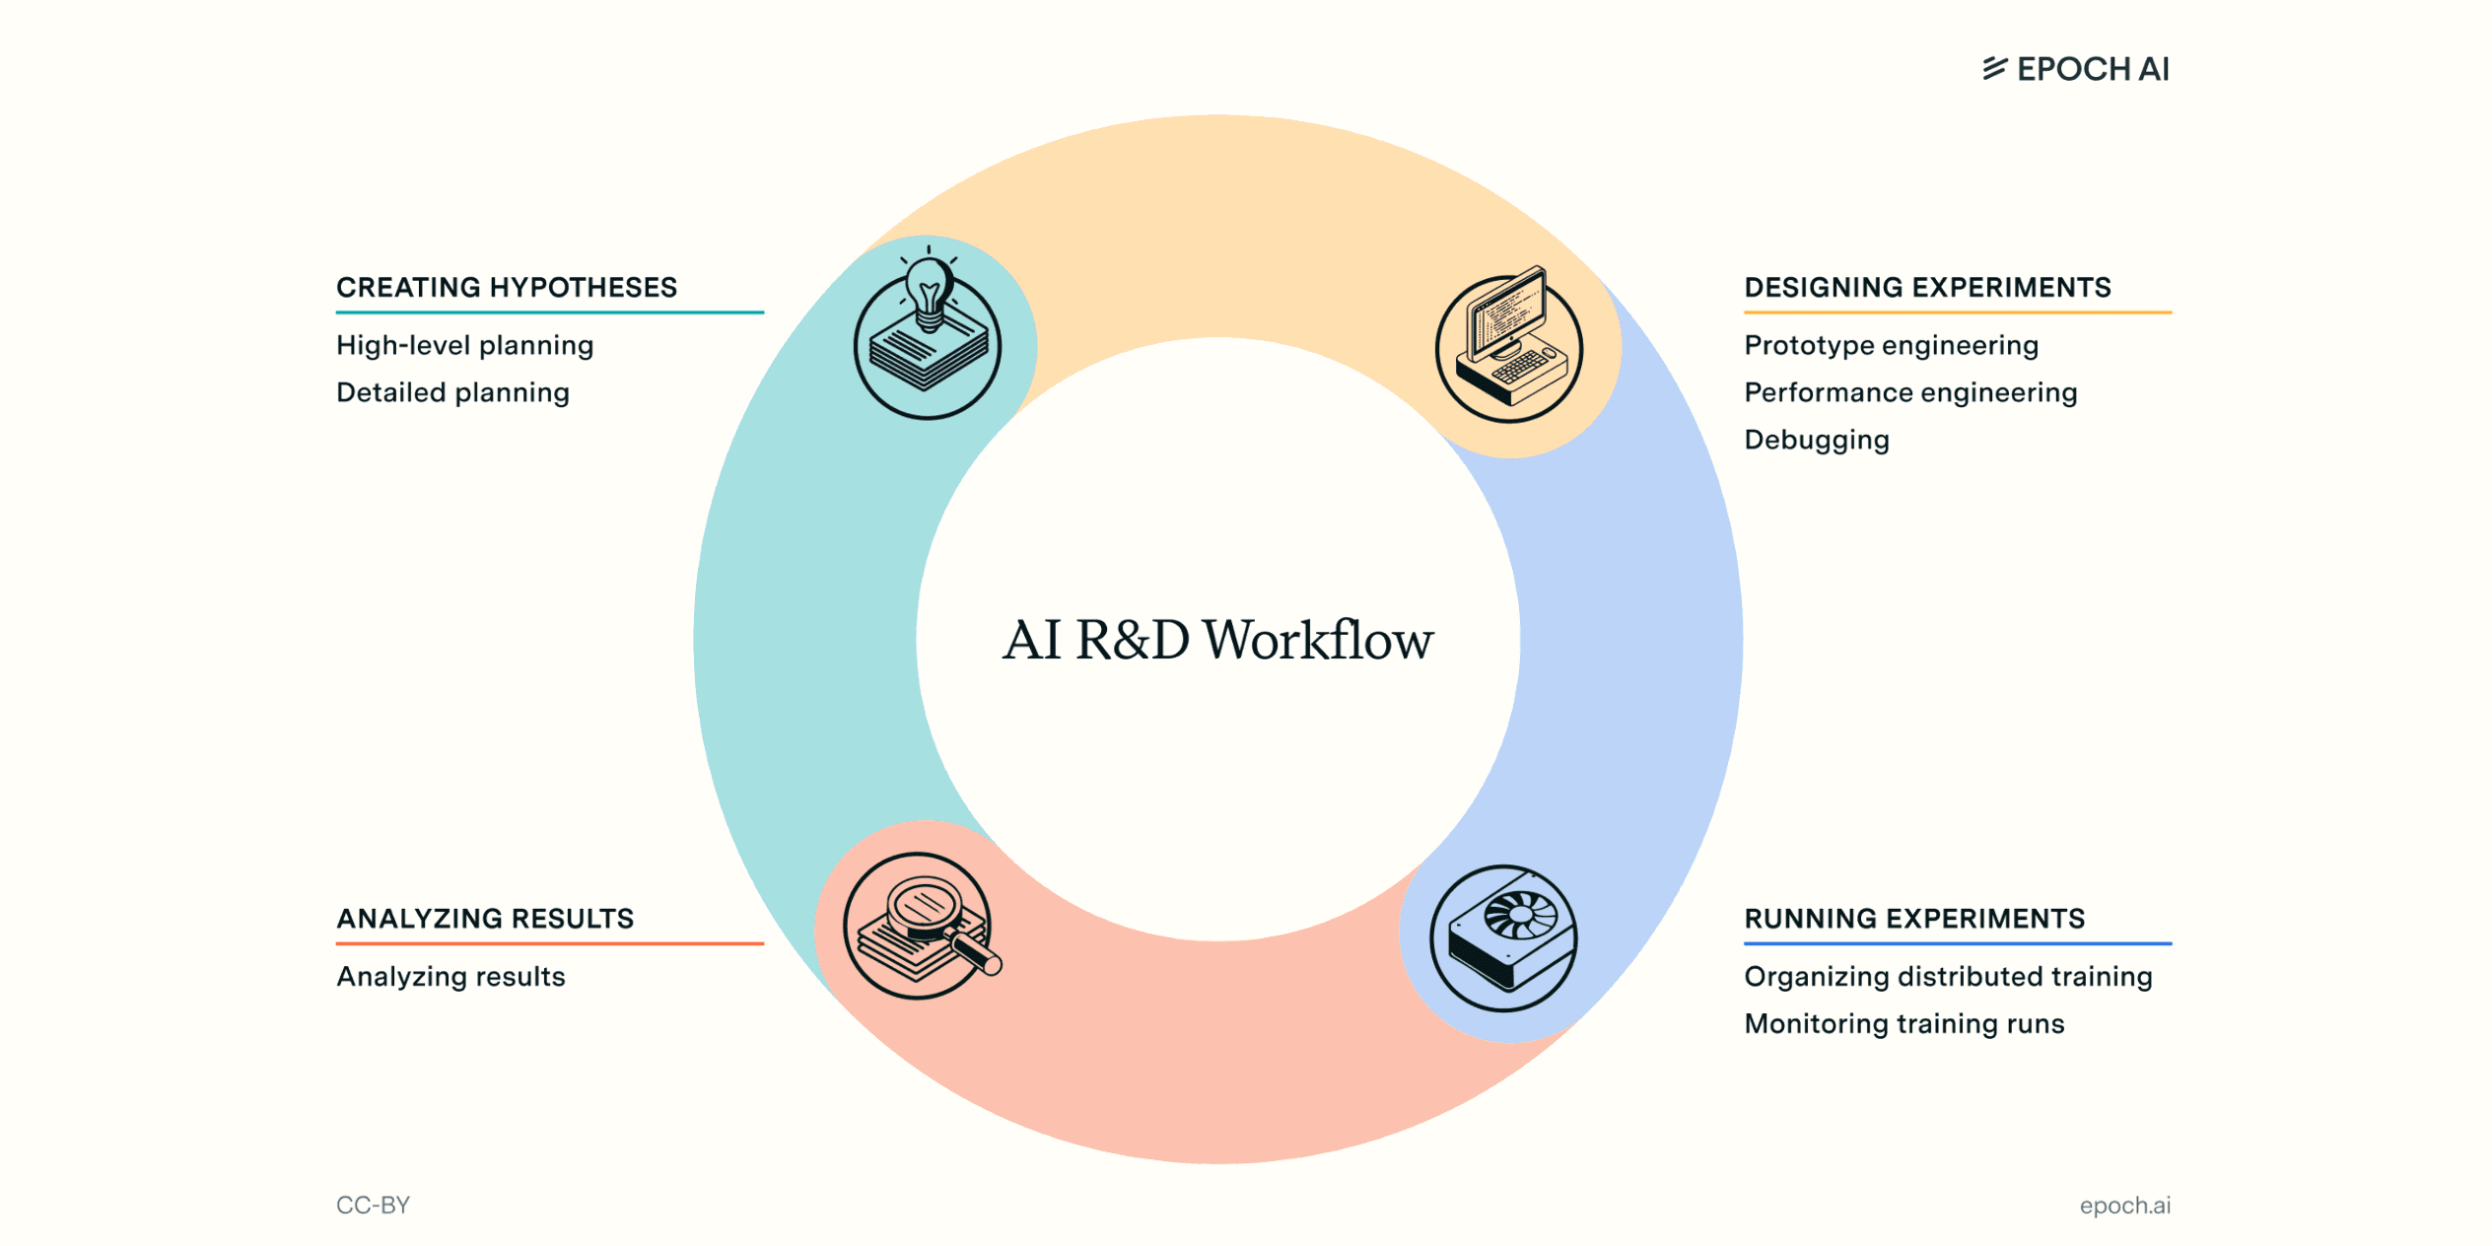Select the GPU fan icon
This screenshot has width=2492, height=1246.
tap(1504, 937)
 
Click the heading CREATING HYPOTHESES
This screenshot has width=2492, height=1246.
tap(507, 288)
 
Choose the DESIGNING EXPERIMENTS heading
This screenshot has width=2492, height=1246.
tap(1927, 288)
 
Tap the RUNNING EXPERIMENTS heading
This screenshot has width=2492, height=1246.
tap(1914, 919)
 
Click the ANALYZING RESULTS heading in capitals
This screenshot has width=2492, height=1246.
tap(485, 919)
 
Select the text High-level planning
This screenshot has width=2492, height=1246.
tap(465, 345)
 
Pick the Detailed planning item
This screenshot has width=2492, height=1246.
tap(453, 392)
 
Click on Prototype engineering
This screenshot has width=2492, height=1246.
tap(1891, 345)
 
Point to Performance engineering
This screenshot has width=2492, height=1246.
tap(1910, 392)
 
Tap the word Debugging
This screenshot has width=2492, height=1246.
tap(1817, 440)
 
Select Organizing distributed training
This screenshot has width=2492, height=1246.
tap(1948, 976)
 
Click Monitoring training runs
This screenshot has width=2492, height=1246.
tap(1904, 1023)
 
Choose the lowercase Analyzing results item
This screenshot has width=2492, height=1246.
tap(451, 976)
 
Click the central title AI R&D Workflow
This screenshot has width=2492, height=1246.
tap(1218, 640)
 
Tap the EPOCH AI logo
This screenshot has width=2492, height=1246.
tap(2076, 69)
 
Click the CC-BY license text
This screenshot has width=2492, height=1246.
tap(373, 1205)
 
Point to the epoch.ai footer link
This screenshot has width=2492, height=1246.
tap(2124, 1205)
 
